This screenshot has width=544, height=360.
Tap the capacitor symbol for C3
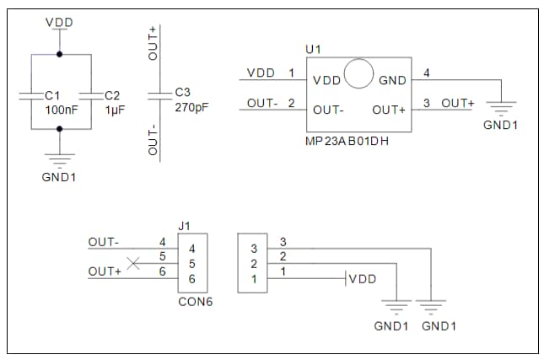159,94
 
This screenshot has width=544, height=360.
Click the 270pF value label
191,108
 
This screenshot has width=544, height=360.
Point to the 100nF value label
61,110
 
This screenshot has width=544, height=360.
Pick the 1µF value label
115,110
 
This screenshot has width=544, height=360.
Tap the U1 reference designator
313,50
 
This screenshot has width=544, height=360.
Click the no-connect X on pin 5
132,264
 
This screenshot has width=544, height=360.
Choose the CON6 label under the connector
195,301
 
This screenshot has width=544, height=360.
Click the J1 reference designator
185,226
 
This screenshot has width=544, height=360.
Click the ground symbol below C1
59,157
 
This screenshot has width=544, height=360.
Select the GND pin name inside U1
392,81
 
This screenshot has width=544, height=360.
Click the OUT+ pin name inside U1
389,110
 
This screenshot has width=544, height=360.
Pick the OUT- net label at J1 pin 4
104,242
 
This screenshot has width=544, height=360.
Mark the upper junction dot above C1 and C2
59,54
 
